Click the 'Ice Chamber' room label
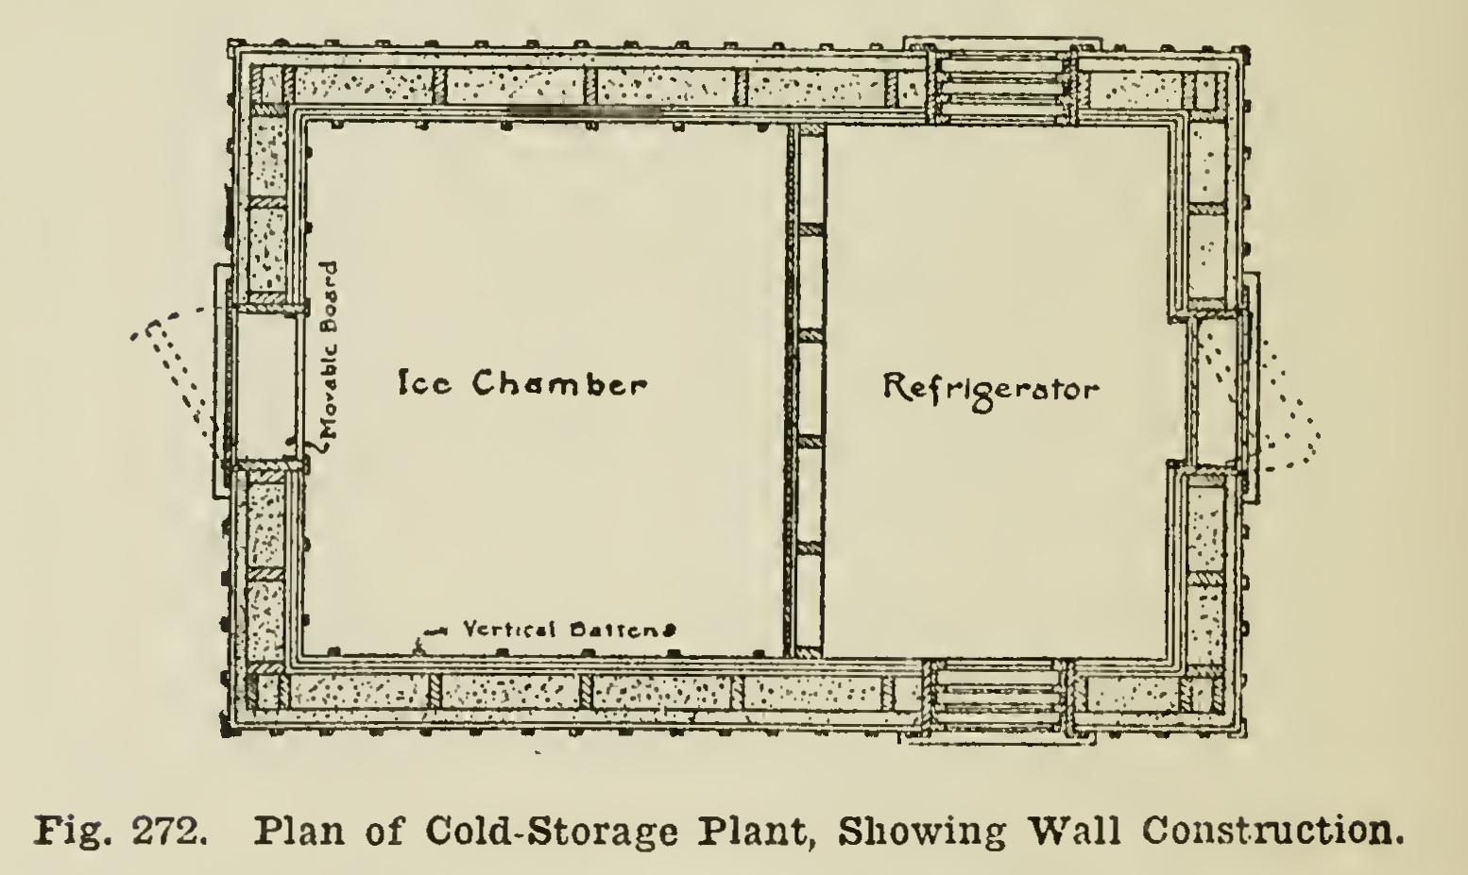click(x=523, y=383)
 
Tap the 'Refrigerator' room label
click(x=991, y=392)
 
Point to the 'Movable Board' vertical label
click(x=331, y=350)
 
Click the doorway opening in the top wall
click(x=1002, y=84)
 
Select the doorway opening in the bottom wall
click(x=999, y=698)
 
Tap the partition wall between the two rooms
click(x=806, y=391)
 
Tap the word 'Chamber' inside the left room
click(x=560, y=383)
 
